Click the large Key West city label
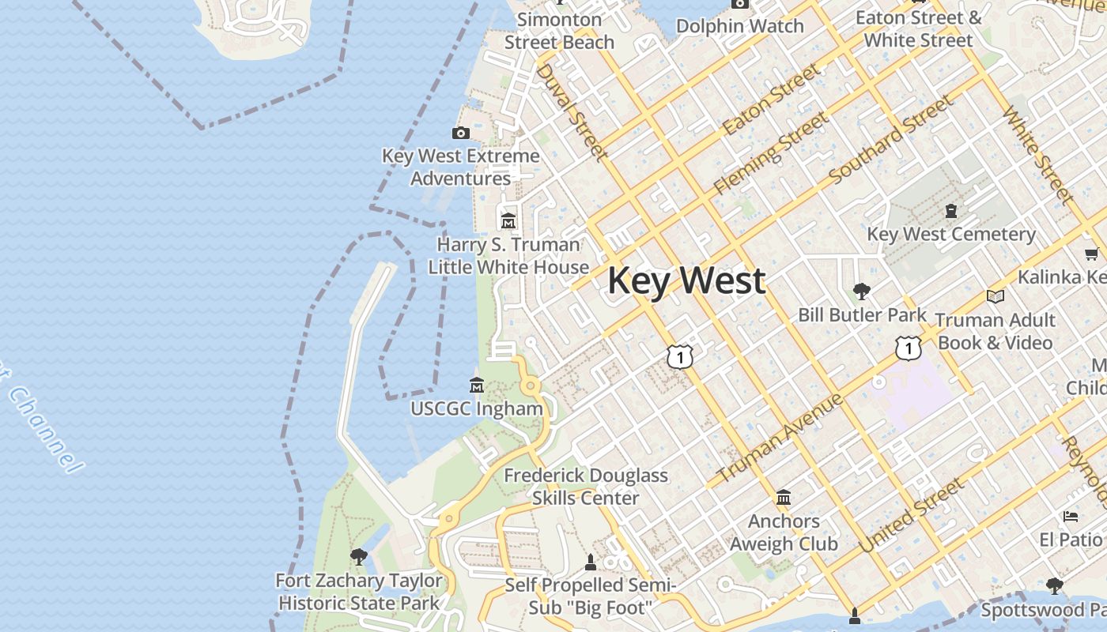pos(686,281)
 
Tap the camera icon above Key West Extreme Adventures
pos(461,133)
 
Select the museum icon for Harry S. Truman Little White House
pos(508,220)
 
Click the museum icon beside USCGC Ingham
pos(477,386)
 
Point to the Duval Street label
pos(572,111)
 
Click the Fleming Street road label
pos(770,153)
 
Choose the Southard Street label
pos(891,139)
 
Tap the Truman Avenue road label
pos(779,439)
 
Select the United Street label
pos(911,515)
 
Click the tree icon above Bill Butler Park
pos(862,292)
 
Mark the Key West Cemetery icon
pos(951,211)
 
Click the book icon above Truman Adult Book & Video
pos(996,296)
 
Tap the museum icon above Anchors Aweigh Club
pos(784,498)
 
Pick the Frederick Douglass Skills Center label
pos(586,487)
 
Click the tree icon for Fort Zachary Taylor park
pos(359,556)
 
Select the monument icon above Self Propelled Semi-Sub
pos(589,562)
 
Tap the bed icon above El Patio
pos(1071,517)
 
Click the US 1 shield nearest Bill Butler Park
pos(909,347)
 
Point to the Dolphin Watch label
pos(739,26)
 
